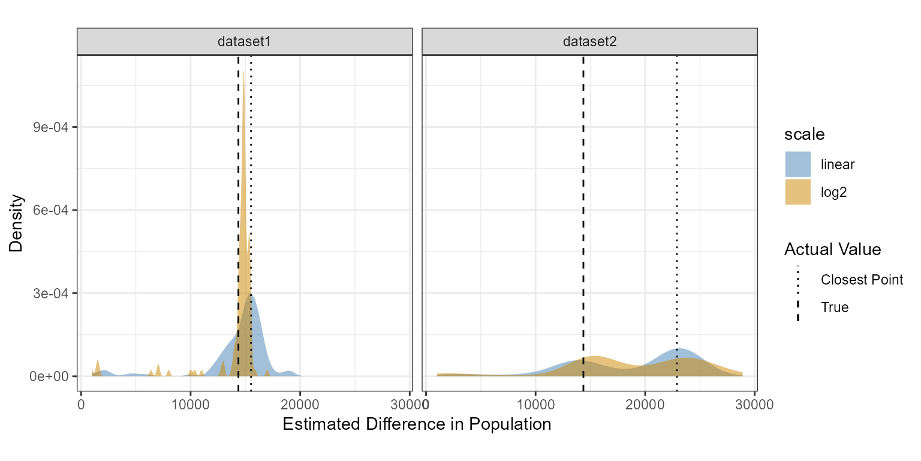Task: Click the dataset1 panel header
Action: pos(245,41)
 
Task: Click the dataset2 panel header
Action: pos(589,41)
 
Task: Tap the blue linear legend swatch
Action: pos(797,164)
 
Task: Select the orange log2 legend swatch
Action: pos(797,192)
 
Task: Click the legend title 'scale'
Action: pos(805,134)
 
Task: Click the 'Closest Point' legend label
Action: pos(862,280)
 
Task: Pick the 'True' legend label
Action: pos(835,307)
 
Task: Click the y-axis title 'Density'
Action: pos(16,222)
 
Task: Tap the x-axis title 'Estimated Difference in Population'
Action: pos(416,424)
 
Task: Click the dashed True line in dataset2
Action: pos(583,180)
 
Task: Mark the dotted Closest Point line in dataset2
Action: pos(676,180)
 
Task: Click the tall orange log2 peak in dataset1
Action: pos(243,180)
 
